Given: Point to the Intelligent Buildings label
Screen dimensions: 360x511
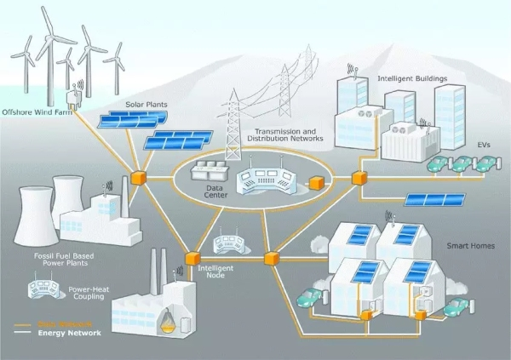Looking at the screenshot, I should [413, 79].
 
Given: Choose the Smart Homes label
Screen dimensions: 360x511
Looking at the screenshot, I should [468, 246].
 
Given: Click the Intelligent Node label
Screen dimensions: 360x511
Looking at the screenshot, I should [215, 271].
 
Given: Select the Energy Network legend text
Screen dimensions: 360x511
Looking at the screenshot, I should [70, 333].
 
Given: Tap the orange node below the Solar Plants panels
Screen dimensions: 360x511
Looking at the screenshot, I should [135, 180].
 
